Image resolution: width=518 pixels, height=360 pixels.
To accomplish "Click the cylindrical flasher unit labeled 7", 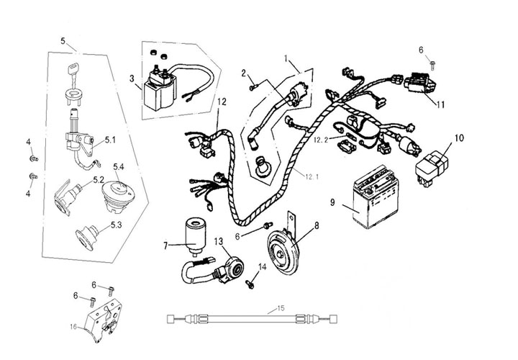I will click(x=194, y=235).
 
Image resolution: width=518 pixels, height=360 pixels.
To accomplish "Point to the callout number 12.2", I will click(x=321, y=140).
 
